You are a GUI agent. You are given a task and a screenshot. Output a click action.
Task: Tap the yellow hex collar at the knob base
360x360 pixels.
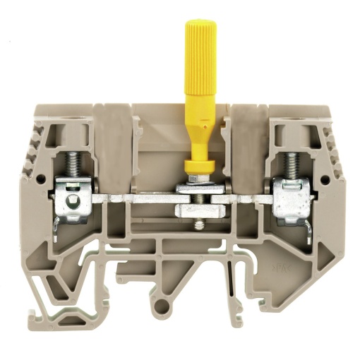[x=195, y=167]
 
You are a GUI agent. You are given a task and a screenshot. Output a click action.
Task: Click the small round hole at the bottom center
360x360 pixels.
[x=164, y=306]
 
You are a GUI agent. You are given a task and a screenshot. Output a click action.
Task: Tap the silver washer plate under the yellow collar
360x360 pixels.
[x=195, y=188]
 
